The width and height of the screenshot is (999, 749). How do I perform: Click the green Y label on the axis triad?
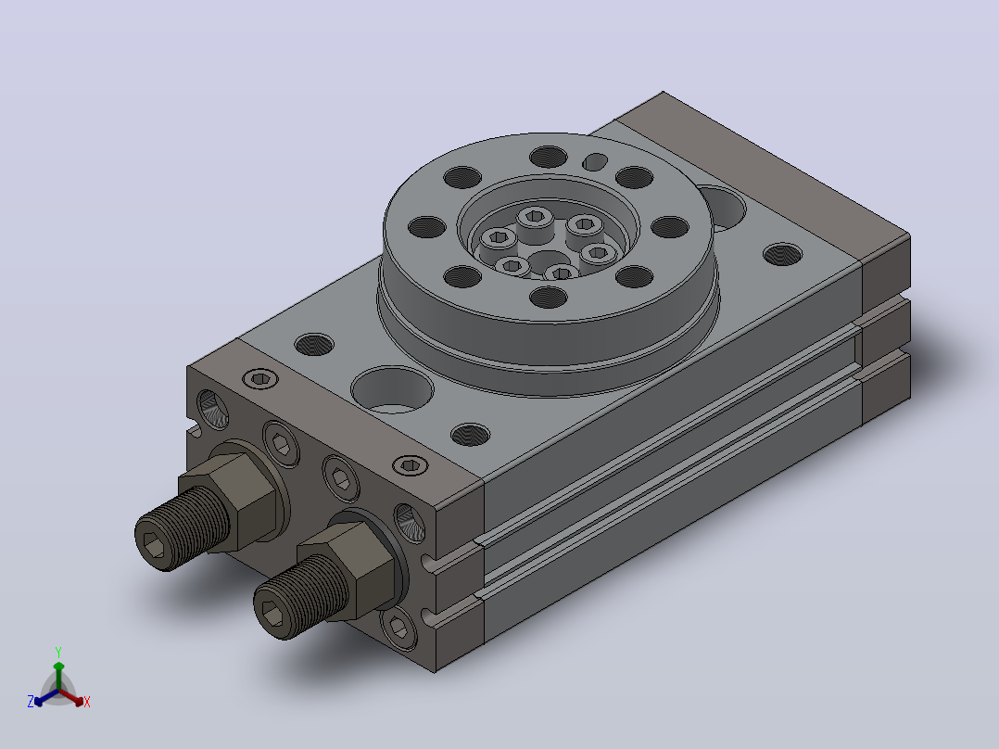[58, 652]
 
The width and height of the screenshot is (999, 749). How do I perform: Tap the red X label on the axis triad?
[87, 702]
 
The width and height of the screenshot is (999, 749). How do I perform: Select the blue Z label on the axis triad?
[30, 701]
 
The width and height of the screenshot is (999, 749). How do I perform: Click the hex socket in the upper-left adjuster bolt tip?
[153, 544]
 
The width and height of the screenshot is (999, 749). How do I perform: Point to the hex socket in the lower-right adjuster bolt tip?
[272, 615]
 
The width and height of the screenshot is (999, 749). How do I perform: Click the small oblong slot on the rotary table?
[595, 162]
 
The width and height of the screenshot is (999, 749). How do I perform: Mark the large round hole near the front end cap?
[392, 388]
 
